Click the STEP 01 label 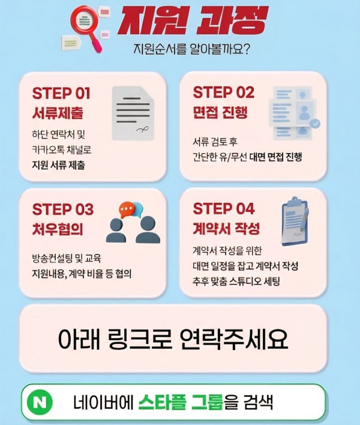coord(61,93)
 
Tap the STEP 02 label coord(223,92)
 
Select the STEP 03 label coord(62,209)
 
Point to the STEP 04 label coord(223,208)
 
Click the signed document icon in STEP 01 coord(133,113)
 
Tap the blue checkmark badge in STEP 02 coord(315,123)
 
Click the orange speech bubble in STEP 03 coord(127,210)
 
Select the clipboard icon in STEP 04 coord(295,221)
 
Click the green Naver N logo coord(40,402)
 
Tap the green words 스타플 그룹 coord(181,402)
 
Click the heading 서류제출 coord(58,113)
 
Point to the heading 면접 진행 coord(220,112)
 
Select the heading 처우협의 coord(58,229)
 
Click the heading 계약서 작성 coord(226,228)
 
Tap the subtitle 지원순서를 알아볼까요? coord(191,49)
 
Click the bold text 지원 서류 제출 coord(59,165)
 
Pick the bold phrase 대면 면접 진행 coord(275,157)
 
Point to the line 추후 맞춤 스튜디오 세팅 coord(236,281)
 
